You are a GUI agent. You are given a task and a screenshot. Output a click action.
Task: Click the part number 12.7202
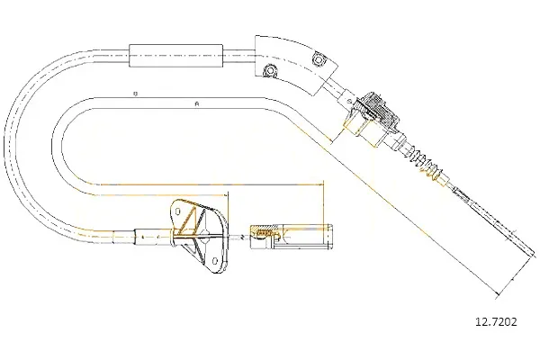(x=496, y=322)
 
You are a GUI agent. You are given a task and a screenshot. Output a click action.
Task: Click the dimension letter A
(x=197, y=103)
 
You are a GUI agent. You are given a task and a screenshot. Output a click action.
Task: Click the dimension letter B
(x=136, y=94)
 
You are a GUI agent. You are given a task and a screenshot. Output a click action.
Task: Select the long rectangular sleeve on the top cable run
(x=176, y=56)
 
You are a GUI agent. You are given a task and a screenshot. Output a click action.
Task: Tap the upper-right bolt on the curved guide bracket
(x=318, y=59)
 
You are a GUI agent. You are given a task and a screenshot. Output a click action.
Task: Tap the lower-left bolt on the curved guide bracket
(x=270, y=71)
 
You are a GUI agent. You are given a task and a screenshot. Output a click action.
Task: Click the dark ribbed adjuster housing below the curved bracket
(x=379, y=110)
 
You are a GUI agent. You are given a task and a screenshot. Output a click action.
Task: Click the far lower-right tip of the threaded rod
(x=535, y=254)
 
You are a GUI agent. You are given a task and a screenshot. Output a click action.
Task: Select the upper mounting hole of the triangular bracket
(x=178, y=211)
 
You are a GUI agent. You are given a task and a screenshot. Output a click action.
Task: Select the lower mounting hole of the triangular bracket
(x=214, y=261)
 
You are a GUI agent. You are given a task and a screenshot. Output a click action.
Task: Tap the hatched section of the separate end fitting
(x=263, y=234)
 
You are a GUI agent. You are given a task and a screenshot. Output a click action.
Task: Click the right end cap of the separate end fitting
(x=330, y=237)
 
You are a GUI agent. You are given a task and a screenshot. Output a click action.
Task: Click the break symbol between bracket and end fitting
(x=242, y=237)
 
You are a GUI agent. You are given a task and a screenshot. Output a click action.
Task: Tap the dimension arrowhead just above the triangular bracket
(x=226, y=195)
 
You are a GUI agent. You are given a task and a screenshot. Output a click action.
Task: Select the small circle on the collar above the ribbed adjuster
(x=349, y=101)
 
